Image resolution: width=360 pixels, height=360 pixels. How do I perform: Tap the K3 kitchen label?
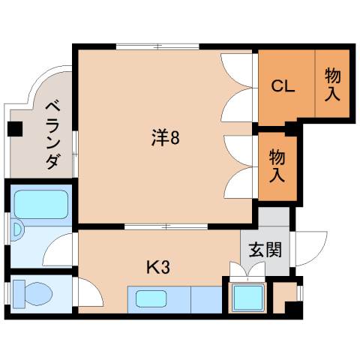(158, 266)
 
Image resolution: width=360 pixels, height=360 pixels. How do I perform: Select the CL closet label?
(282, 85)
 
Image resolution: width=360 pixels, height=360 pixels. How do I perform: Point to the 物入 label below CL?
(277, 166)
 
